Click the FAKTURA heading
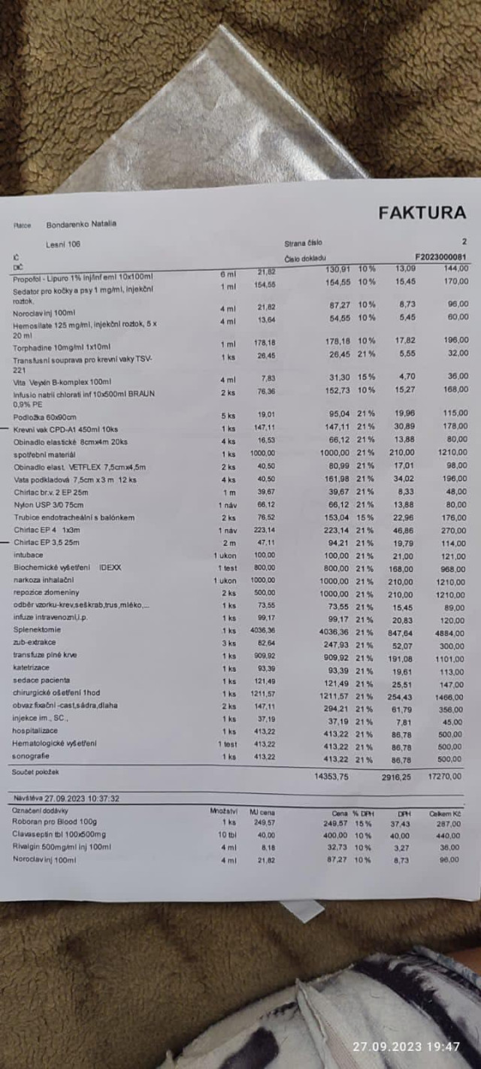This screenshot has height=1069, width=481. pyautogui.click(x=422, y=213)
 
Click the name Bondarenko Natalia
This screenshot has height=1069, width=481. pyautogui.click(x=81, y=224)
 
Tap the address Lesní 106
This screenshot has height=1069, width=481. pyautogui.click(x=63, y=244)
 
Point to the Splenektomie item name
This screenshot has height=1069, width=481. pyautogui.click(x=37, y=630)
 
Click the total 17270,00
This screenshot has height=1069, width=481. pyautogui.click(x=446, y=777)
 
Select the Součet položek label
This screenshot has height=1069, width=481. pyautogui.click(x=35, y=772)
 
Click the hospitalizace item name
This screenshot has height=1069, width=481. pyautogui.click(x=36, y=731)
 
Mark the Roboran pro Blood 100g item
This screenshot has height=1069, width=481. pyautogui.click(x=55, y=822)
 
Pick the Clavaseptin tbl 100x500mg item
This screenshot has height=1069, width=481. pyautogui.click(x=59, y=834)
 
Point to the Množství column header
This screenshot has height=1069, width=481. pyautogui.click(x=223, y=811)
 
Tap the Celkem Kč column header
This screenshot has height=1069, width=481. pyautogui.click(x=443, y=813)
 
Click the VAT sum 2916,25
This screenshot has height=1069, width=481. pyautogui.click(x=395, y=777)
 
